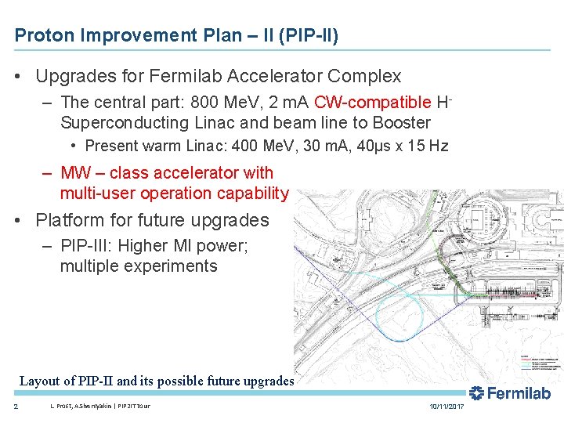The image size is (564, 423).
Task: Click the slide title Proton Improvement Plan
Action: (175, 35)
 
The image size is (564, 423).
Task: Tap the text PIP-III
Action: (86, 246)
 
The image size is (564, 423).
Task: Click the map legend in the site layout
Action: (540, 363)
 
